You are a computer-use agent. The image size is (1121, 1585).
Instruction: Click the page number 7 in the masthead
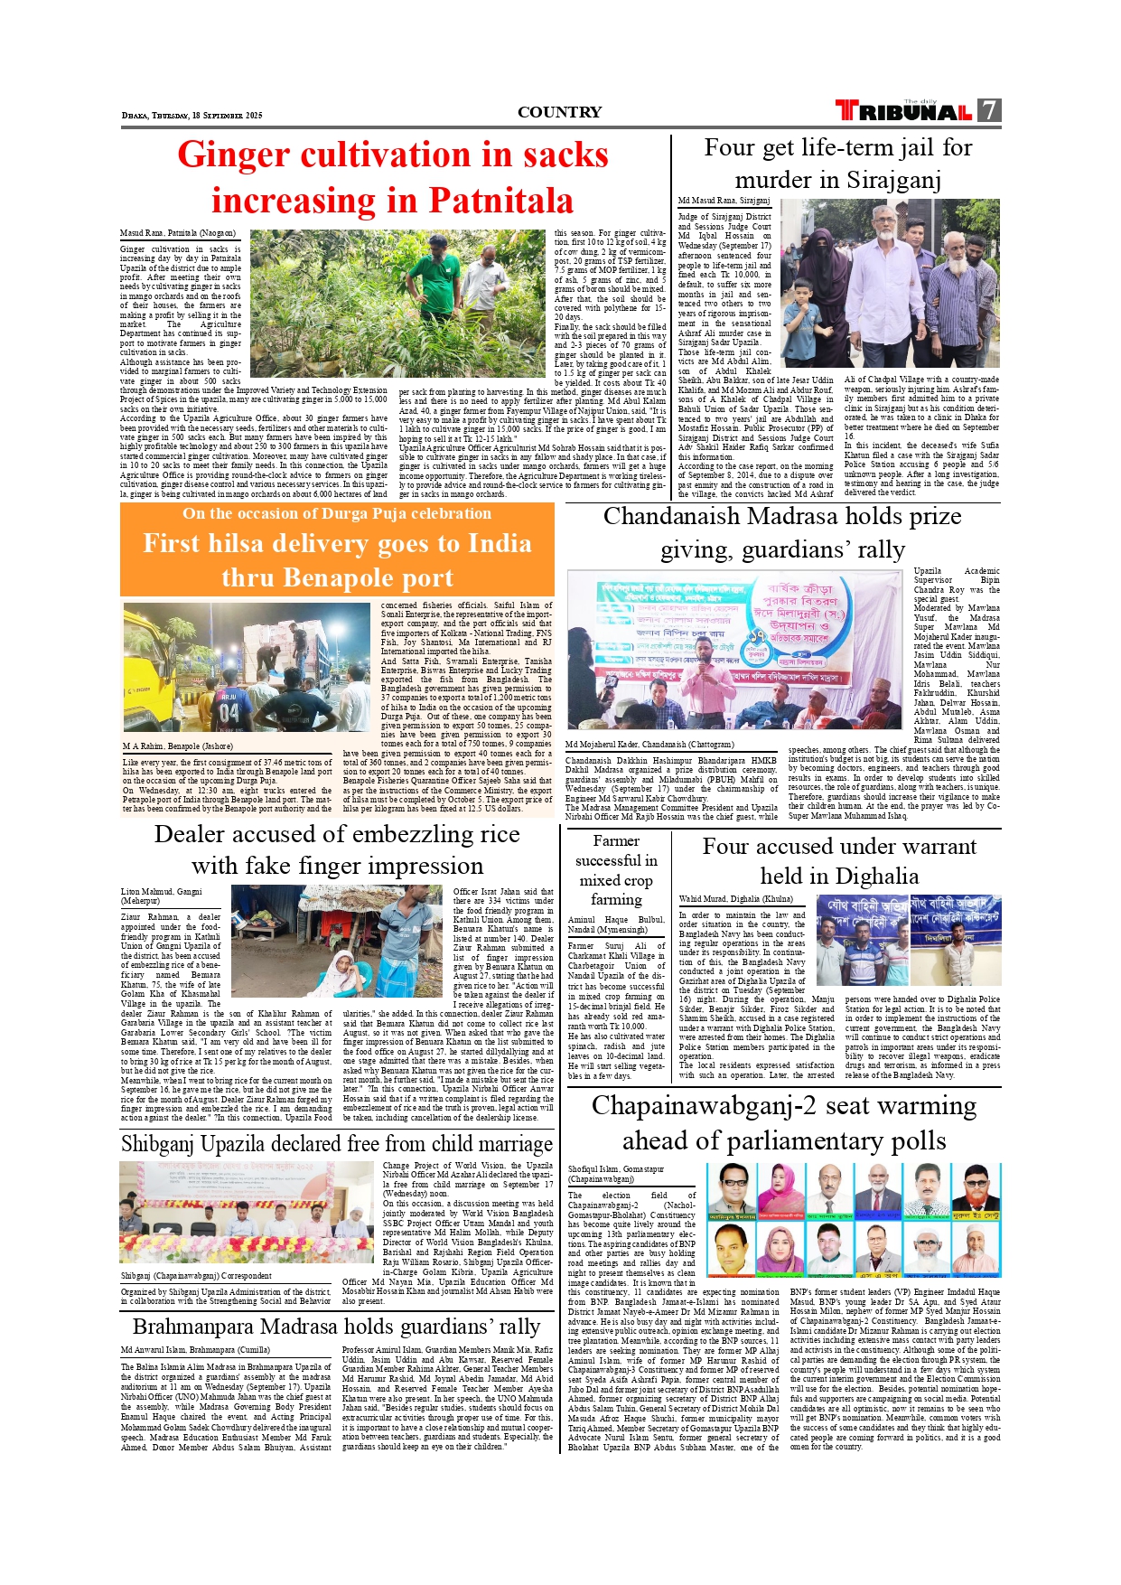coord(989,110)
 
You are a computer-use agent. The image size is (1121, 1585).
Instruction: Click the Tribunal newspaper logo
coord(904,111)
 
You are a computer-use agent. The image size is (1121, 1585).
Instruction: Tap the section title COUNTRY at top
coord(559,112)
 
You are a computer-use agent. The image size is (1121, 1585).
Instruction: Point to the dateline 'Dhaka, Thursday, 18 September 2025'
coord(192,116)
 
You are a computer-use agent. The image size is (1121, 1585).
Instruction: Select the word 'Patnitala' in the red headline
coord(500,200)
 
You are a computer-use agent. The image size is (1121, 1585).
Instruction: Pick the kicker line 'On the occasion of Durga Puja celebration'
coord(337,513)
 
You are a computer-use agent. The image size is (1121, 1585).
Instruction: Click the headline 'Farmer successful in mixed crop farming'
coord(616,869)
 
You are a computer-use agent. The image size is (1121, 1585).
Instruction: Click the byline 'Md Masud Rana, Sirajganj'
coord(724,201)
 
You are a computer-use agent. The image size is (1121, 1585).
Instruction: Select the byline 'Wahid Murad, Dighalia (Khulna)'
coord(735,899)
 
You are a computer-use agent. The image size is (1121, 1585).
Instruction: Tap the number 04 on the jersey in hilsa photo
coord(229,711)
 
